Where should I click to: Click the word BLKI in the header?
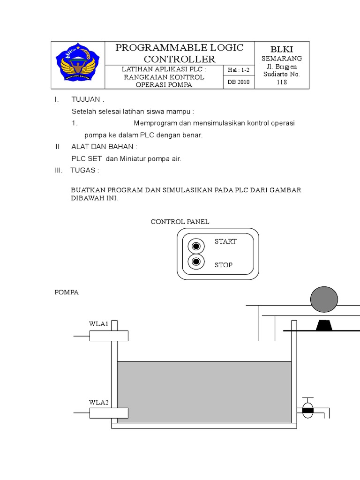click(281, 49)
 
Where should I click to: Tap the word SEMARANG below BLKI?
click(281, 58)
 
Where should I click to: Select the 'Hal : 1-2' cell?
click(239, 70)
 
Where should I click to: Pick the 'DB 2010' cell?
click(239, 82)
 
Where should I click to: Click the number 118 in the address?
click(281, 82)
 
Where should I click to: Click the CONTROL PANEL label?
click(180, 222)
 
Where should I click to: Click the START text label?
click(225, 241)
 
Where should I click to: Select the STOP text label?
click(224, 265)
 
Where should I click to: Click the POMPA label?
click(67, 292)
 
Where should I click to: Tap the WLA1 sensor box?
click(109, 336)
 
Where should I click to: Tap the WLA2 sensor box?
click(109, 412)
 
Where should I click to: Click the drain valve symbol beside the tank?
click(307, 409)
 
